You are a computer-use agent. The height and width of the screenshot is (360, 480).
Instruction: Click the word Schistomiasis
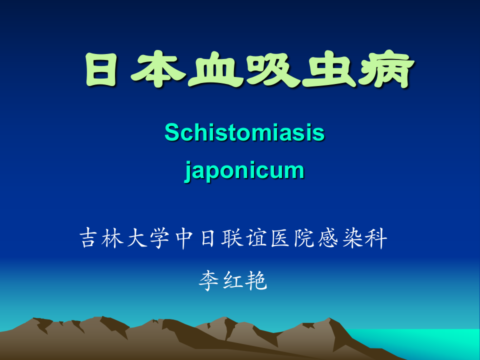(x=244, y=132)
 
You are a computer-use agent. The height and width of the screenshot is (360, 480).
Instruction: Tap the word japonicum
(x=244, y=170)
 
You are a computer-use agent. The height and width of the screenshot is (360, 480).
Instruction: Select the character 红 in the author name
(x=233, y=281)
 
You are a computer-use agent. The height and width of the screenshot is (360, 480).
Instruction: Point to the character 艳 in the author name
(x=257, y=281)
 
